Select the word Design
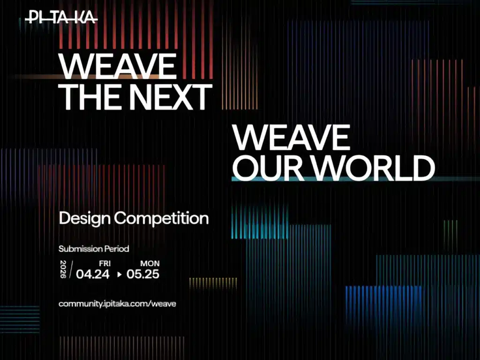point(84,218)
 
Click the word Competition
point(161,218)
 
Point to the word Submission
point(81,249)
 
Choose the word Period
point(117,249)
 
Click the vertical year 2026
point(64,269)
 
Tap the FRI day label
point(105,263)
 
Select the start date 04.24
point(93,274)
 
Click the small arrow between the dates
point(119,275)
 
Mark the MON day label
point(150,263)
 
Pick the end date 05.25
point(143,274)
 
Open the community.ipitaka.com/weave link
point(117,304)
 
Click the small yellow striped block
point(207,283)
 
